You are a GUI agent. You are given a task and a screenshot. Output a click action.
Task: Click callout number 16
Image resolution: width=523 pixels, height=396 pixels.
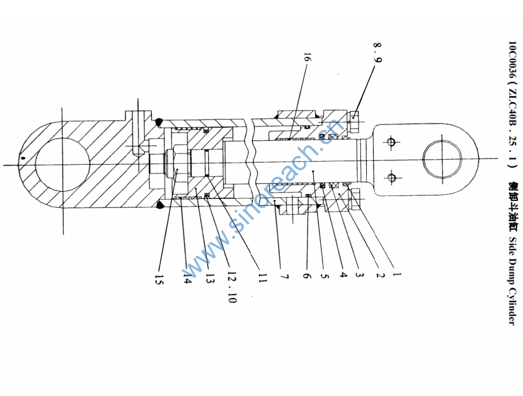307,57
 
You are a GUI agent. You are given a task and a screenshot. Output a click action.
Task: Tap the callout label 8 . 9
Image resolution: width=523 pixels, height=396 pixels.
377,52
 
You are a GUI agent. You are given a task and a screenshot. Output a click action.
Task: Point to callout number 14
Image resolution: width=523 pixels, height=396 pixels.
187,277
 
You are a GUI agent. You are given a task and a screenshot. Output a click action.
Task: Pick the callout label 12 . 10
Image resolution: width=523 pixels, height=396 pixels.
232,287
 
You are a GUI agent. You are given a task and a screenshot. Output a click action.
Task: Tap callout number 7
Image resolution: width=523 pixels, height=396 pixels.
284,277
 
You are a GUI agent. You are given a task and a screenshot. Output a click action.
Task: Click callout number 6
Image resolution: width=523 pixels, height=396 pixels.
307,276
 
